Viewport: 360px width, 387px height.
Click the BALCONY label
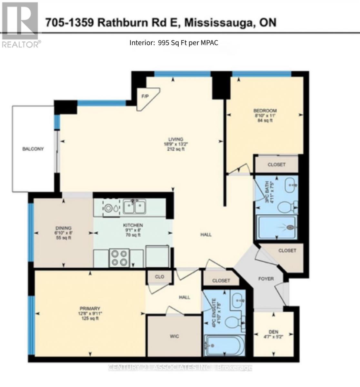click(x=33, y=149)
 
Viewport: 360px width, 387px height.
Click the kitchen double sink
click(x=135, y=207)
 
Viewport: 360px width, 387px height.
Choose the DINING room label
click(x=63, y=228)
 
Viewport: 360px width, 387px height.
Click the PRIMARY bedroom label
click(x=91, y=308)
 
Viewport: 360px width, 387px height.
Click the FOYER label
click(x=266, y=279)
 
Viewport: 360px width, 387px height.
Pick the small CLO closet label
click(x=159, y=277)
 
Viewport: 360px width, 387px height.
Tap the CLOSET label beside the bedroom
click(x=276, y=164)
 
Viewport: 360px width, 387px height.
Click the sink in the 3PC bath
click(x=292, y=185)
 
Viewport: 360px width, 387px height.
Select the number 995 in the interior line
click(x=164, y=43)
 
